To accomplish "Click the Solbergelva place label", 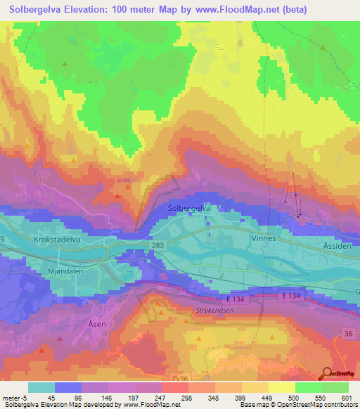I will tap(190, 209).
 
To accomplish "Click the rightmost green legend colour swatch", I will tap(335, 387).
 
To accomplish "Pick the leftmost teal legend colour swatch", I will tap(41, 387).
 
